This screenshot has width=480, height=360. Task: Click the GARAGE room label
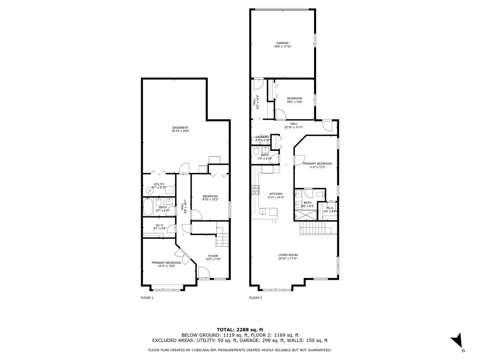click(x=282, y=43)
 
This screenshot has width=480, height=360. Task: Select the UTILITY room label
click(x=159, y=184)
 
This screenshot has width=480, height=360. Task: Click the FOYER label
click(x=213, y=256)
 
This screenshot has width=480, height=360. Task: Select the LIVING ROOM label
click(x=288, y=255)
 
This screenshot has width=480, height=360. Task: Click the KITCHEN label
click(x=276, y=194)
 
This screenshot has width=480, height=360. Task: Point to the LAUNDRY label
click(x=263, y=137)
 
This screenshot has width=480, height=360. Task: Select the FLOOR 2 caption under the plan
click(x=256, y=298)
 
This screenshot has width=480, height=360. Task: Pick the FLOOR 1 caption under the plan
click(x=147, y=298)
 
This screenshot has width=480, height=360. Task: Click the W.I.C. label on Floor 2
click(x=330, y=208)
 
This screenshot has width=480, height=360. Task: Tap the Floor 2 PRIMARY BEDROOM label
click(x=317, y=164)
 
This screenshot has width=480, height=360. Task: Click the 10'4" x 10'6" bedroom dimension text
click(x=294, y=102)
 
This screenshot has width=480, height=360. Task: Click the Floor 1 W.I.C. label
click(x=159, y=225)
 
